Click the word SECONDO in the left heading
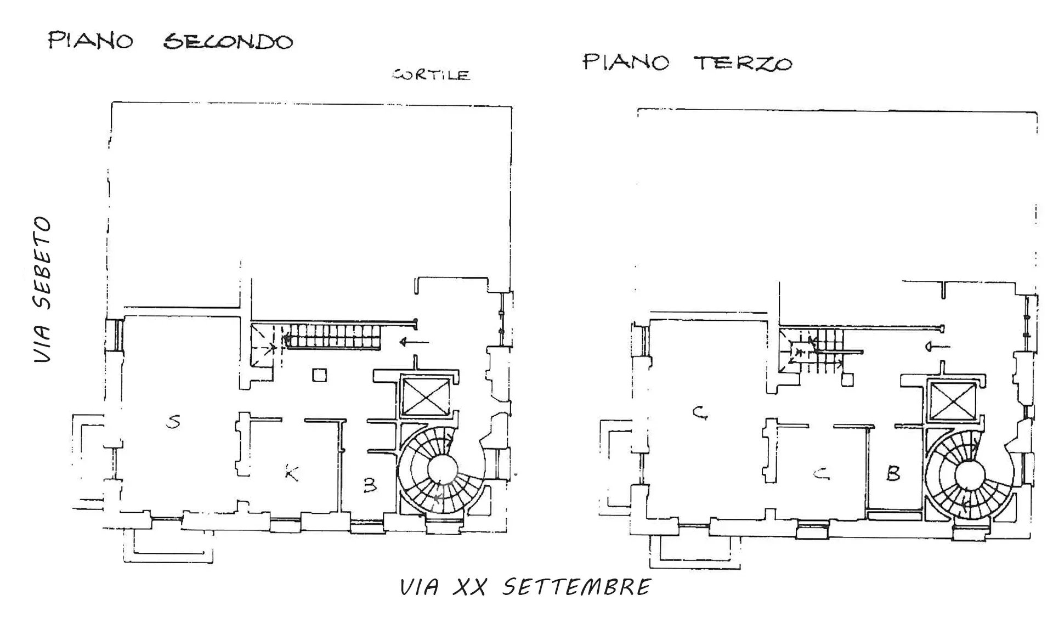point(228,42)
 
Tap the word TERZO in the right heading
point(743,63)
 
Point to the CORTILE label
point(432,75)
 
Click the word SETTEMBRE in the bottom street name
point(577,587)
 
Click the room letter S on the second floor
point(173,422)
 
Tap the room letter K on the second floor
point(292,473)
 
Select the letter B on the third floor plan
point(893,473)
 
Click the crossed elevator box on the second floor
point(426,396)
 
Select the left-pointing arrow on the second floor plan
point(415,343)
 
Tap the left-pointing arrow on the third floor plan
point(938,347)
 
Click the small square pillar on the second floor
point(320,375)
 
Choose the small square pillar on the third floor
point(848,380)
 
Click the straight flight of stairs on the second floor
point(331,336)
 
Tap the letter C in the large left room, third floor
point(699,413)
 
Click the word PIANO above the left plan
point(90,41)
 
